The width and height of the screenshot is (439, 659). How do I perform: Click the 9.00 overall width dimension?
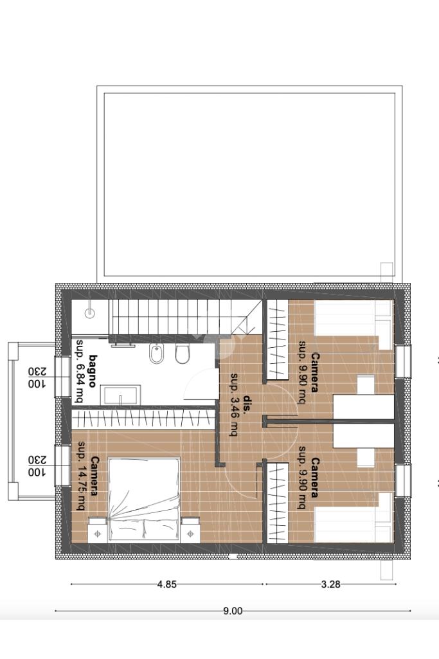coord(232,611)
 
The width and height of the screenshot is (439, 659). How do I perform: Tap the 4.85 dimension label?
coord(166,584)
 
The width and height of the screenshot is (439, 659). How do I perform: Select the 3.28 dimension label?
coord(330,584)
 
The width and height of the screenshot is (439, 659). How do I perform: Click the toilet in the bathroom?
coord(183,354)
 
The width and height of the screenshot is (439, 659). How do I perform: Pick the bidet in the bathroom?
coord(157,353)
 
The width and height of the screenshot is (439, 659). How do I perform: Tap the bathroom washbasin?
coord(121,395)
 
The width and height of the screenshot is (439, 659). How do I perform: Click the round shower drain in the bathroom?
coord(90,312)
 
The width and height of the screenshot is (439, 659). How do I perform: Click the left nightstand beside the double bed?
coord(98,530)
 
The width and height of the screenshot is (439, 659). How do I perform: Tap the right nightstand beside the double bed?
coord(191,530)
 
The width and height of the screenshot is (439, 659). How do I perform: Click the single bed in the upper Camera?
coord(354,323)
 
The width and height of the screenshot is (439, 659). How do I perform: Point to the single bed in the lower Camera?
coord(354,518)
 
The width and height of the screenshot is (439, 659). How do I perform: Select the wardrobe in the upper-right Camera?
coord(278,339)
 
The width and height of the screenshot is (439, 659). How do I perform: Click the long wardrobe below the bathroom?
coord(143,419)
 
